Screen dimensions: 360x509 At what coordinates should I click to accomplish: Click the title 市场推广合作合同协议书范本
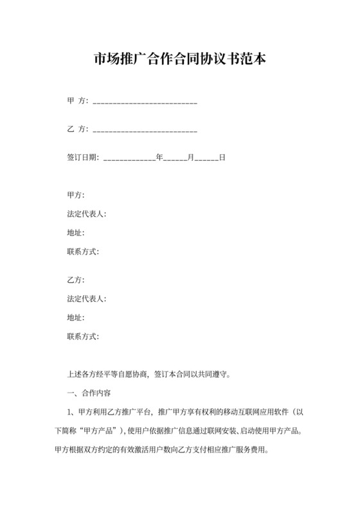(179, 60)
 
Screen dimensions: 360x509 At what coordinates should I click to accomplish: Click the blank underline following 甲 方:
(145, 102)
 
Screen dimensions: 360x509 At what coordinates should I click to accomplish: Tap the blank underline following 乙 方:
(145, 130)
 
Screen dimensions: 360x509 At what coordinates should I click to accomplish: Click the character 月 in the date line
(190, 157)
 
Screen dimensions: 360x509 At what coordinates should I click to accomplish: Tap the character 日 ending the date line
(222, 157)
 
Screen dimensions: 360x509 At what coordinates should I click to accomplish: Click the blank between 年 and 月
(175, 159)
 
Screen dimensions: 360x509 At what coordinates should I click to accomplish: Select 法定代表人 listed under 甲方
(85, 214)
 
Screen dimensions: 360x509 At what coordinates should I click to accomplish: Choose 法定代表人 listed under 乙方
(85, 299)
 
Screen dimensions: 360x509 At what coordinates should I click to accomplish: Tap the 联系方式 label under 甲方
(82, 251)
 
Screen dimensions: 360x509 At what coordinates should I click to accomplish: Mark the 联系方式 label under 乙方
(82, 336)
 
